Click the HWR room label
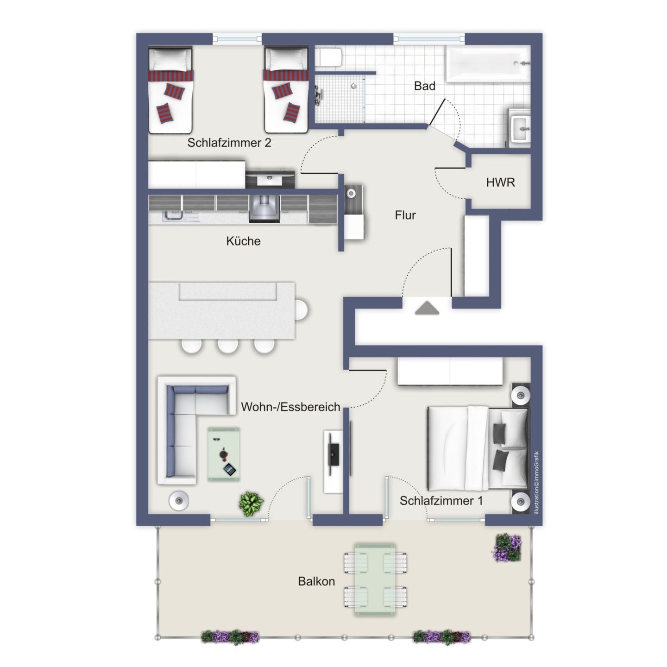pos(500,182)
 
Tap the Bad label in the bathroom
pos(424,86)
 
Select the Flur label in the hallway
pos(405,215)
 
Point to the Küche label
pos(243,241)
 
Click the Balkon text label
pos(316,581)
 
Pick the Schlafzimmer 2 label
pos(229,143)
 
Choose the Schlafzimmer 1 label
pos(441,501)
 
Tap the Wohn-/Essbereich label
pos(290,407)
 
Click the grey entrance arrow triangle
pos(427,308)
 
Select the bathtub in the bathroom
pos(488,64)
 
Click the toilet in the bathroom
pos(331,57)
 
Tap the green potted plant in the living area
pos(252,504)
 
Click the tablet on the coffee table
pos(229,470)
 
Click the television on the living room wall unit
pos(333,454)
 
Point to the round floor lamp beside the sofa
pos(179,501)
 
